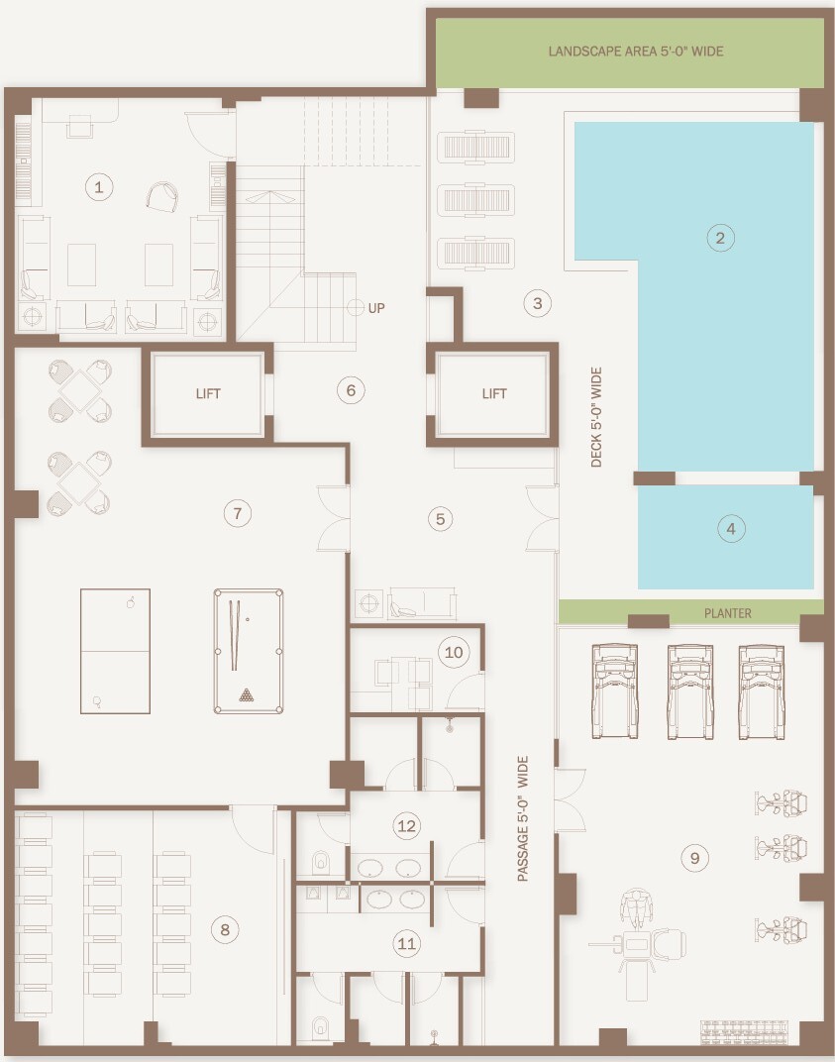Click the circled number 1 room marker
pos(99,187)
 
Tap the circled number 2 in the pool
pos(720,238)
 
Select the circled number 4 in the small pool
pos(731,528)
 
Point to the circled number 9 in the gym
pos(694,858)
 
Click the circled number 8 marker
pos(225,930)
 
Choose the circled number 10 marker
pos(454,652)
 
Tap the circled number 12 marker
pos(406,825)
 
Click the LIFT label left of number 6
pos(208,393)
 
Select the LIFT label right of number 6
pos(494,393)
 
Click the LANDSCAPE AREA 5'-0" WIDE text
pos(636,52)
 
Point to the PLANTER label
pos(728,613)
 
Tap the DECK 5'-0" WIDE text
pos(596,417)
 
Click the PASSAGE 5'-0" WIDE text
pos(523,819)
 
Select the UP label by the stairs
pos(376,308)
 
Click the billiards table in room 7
pos(249,652)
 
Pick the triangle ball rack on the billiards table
pos(247,694)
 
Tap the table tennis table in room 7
pos(115,652)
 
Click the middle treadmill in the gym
pos(690,691)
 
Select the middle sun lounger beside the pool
pos(476,200)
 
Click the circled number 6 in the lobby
pos(351,390)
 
